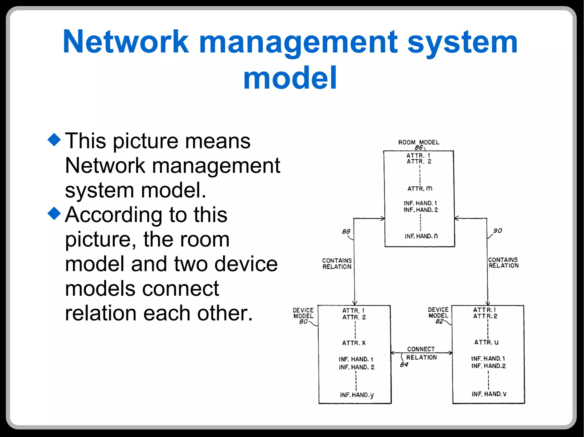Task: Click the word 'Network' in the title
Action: click(x=126, y=42)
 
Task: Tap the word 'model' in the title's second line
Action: click(x=290, y=78)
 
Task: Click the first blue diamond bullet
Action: click(x=54, y=139)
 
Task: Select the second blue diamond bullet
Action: click(x=54, y=214)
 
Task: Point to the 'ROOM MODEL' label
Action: click(x=419, y=142)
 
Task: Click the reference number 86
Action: click(x=418, y=147)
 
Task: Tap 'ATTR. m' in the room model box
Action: click(x=419, y=188)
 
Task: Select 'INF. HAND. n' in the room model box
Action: click(x=421, y=236)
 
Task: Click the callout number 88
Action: click(x=346, y=231)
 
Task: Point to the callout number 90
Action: click(x=498, y=230)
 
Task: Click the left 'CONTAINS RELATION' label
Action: click(x=337, y=264)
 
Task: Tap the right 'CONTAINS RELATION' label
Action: click(x=503, y=263)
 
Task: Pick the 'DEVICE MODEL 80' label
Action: click(x=303, y=315)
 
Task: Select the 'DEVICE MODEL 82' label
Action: click(x=438, y=315)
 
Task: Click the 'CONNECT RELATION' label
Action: click(x=421, y=353)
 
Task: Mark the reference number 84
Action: click(x=404, y=364)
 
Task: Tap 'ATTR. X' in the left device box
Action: click(x=354, y=343)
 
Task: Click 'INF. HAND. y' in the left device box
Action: click(x=356, y=395)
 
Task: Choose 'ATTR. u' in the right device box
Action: click(x=486, y=342)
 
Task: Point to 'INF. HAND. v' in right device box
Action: click(x=489, y=394)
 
